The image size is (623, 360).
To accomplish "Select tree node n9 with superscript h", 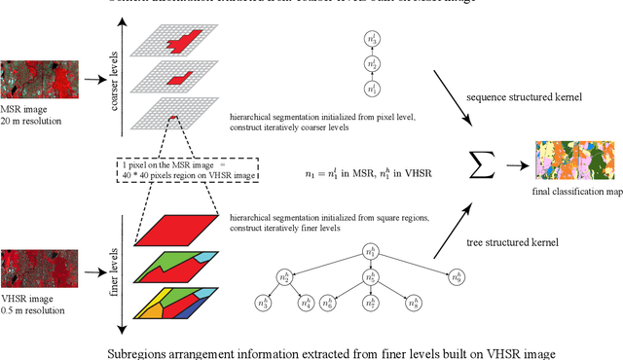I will (454, 277).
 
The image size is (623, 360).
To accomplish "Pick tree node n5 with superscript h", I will (369, 277).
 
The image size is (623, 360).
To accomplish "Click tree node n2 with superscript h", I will (285, 277).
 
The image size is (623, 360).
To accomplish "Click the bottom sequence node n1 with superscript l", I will (370, 89).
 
